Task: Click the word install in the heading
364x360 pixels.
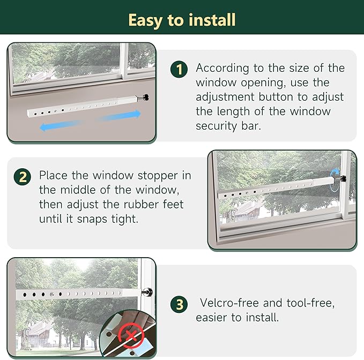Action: coord(212,20)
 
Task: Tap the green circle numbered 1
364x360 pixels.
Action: coord(179,69)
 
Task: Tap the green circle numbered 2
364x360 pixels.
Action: coord(22,176)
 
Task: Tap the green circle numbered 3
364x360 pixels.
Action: coord(179,305)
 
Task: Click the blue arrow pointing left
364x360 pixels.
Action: coord(59,126)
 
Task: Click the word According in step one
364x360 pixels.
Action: coord(222,69)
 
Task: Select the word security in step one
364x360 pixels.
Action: coord(216,126)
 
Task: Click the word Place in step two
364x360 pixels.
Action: coord(54,176)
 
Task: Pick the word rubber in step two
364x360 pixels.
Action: coord(145,205)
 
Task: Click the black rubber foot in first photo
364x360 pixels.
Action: coord(145,97)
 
